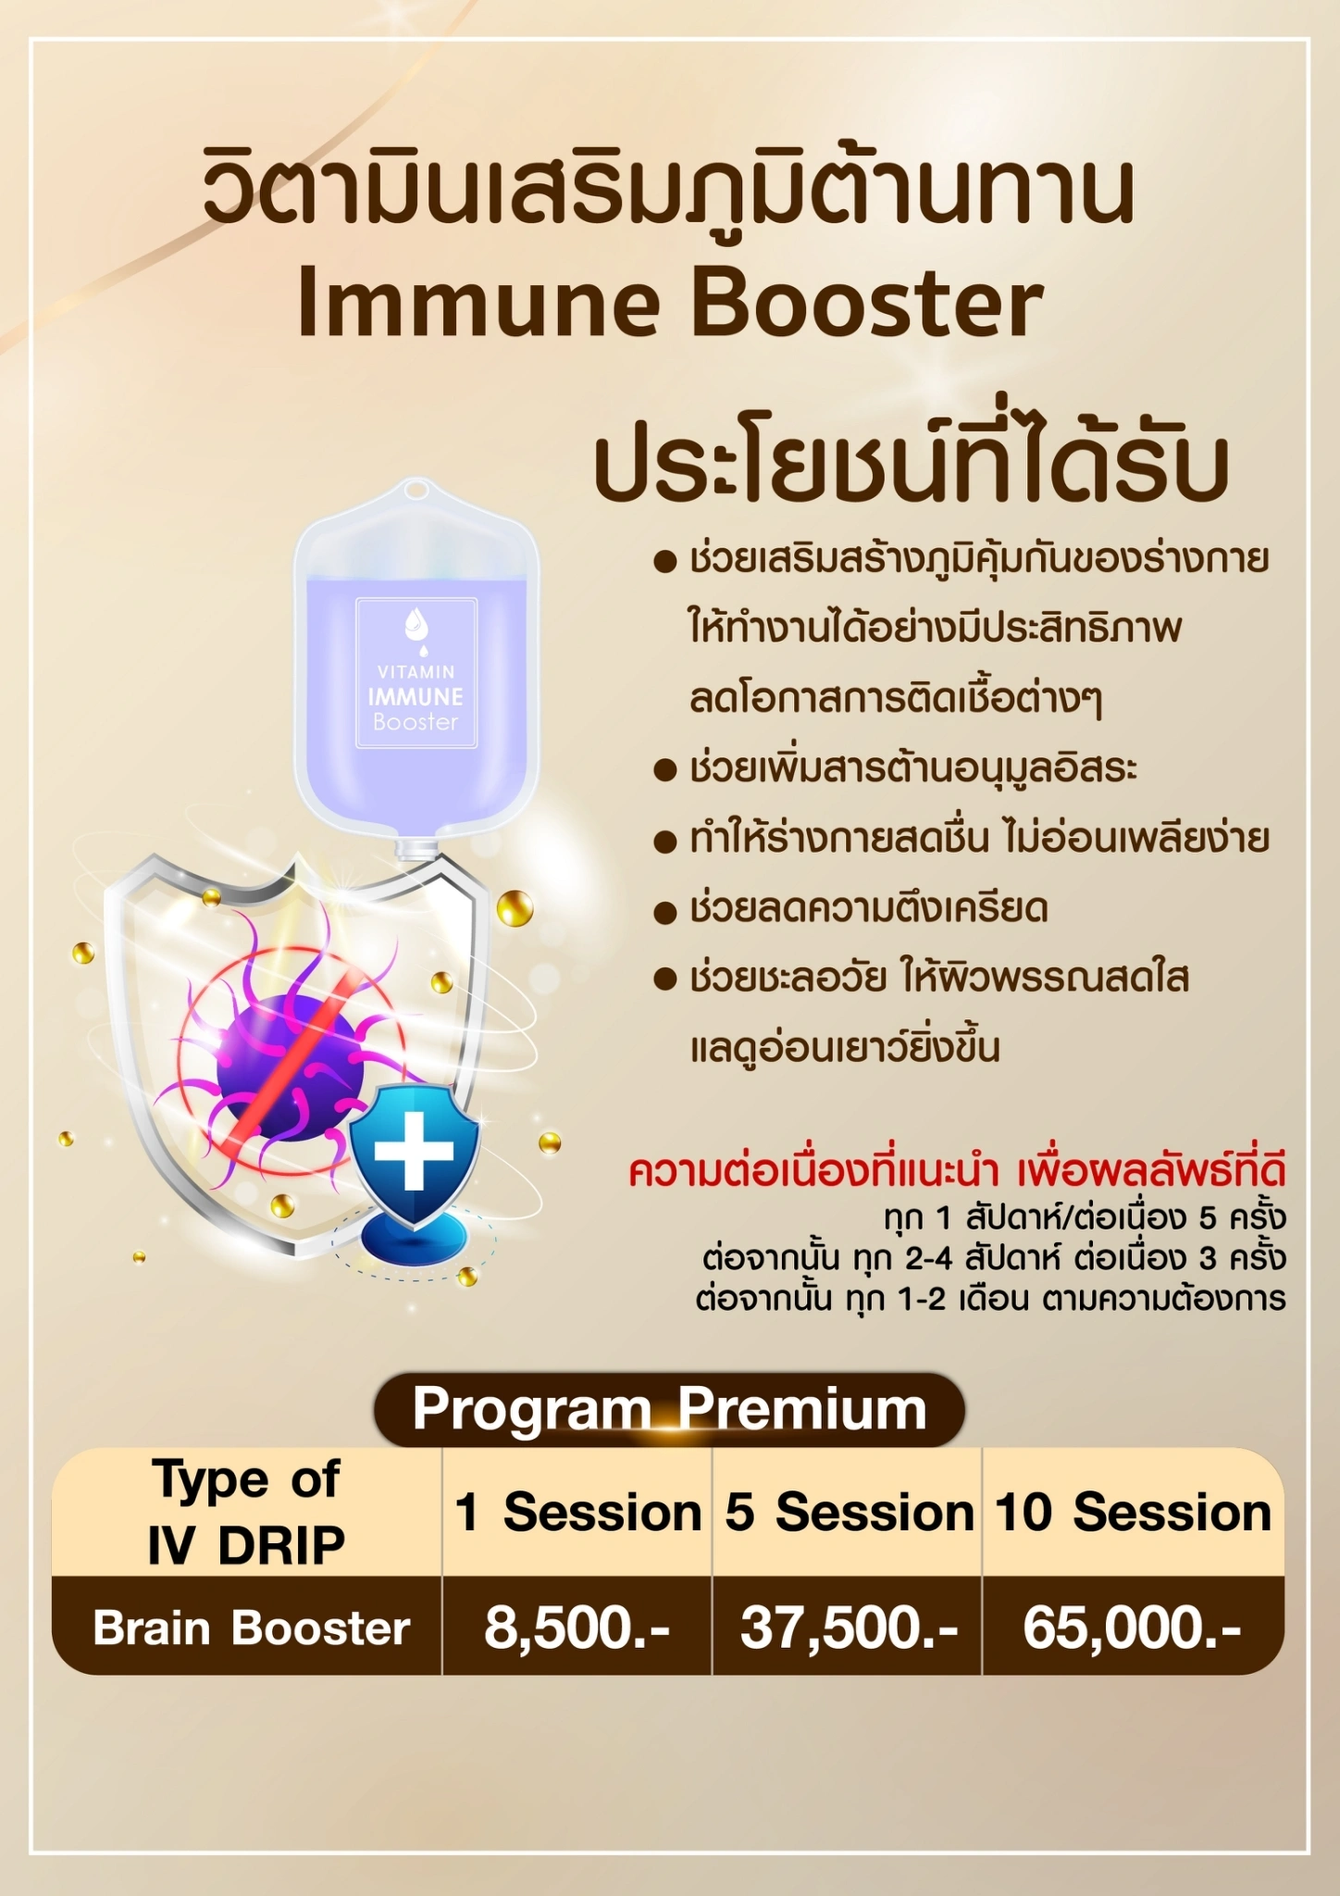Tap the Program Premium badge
click(x=669, y=1410)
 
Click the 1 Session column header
click(x=577, y=1513)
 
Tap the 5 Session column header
click(x=848, y=1513)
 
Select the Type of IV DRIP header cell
click(x=247, y=1513)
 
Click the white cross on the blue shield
click(x=414, y=1152)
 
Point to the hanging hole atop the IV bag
click(x=416, y=490)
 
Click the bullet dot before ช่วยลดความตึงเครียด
click(x=665, y=913)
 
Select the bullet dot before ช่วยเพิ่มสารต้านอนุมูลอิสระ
click(x=665, y=771)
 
